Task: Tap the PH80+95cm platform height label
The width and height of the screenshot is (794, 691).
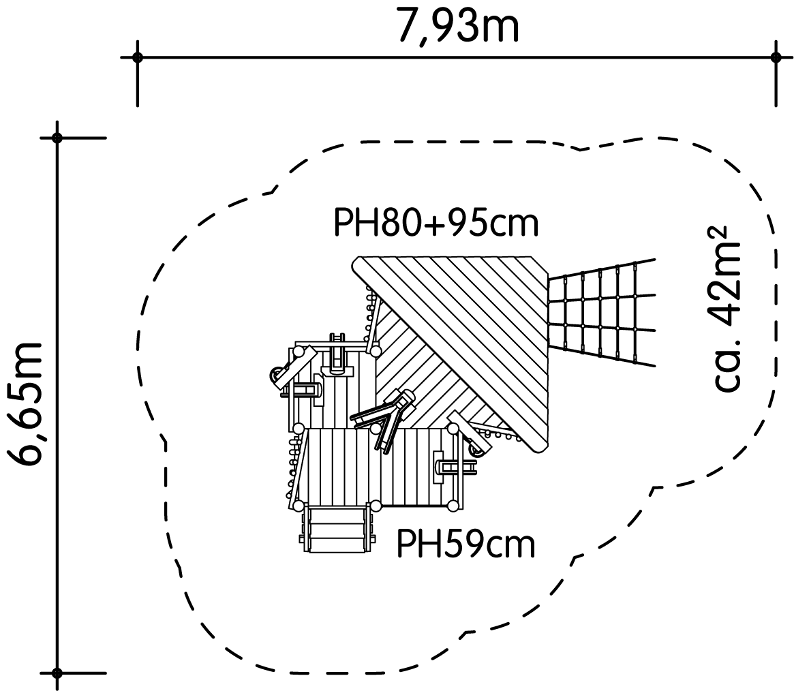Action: click(x=436, y=224)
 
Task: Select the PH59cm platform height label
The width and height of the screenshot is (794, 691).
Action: click(x=465, y=544)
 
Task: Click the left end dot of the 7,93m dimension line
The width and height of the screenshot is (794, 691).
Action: click(x=137, y=57)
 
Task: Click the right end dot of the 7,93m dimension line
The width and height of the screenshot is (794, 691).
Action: click(x=776, y=57)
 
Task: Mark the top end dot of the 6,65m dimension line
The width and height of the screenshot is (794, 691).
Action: click(x=57, y=138)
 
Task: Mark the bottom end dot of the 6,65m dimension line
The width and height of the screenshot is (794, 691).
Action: click(x=57, y=673)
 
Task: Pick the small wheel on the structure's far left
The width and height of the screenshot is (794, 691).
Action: click(x=275, y=375)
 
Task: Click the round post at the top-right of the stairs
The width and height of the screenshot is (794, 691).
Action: click(x=376, y=506)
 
